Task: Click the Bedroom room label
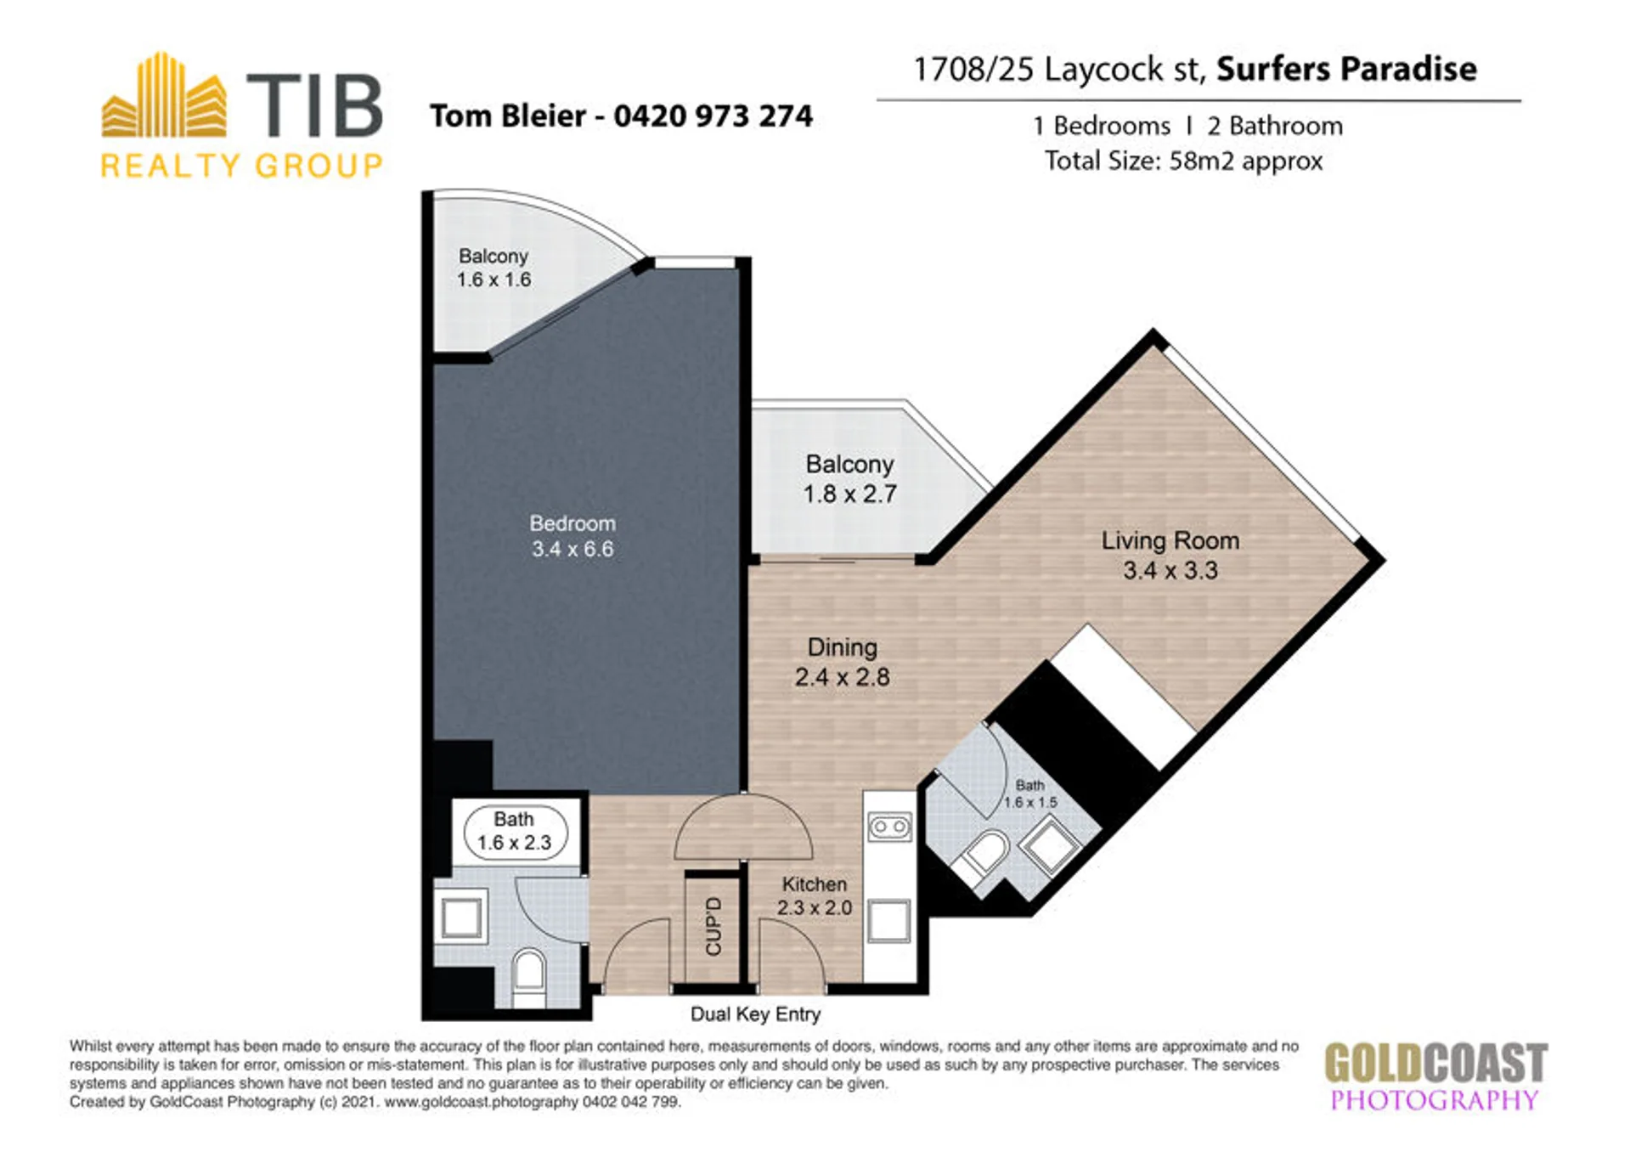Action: pos(572,523)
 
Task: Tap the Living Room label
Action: pos(1170,540)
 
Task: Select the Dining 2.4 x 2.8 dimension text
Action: pos(842,677)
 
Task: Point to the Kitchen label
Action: pos(814,884)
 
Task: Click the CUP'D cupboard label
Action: pos(713,926)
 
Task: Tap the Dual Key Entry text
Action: pos(755,1014)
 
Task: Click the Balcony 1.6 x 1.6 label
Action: pos(494,268)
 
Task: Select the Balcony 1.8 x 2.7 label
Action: pos(849,479)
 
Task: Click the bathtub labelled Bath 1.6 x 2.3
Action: pos(515,832)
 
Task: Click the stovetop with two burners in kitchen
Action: pos(889,827)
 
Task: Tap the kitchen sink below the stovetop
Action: pos(889,921)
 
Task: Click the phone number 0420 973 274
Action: pos(713,116)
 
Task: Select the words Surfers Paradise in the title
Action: pos(1346,69)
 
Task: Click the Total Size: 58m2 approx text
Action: pos(1183,161)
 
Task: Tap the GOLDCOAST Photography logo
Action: pos(1435,1076)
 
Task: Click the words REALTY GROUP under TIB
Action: pos(242,166)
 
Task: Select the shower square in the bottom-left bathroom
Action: pos(461,918)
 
